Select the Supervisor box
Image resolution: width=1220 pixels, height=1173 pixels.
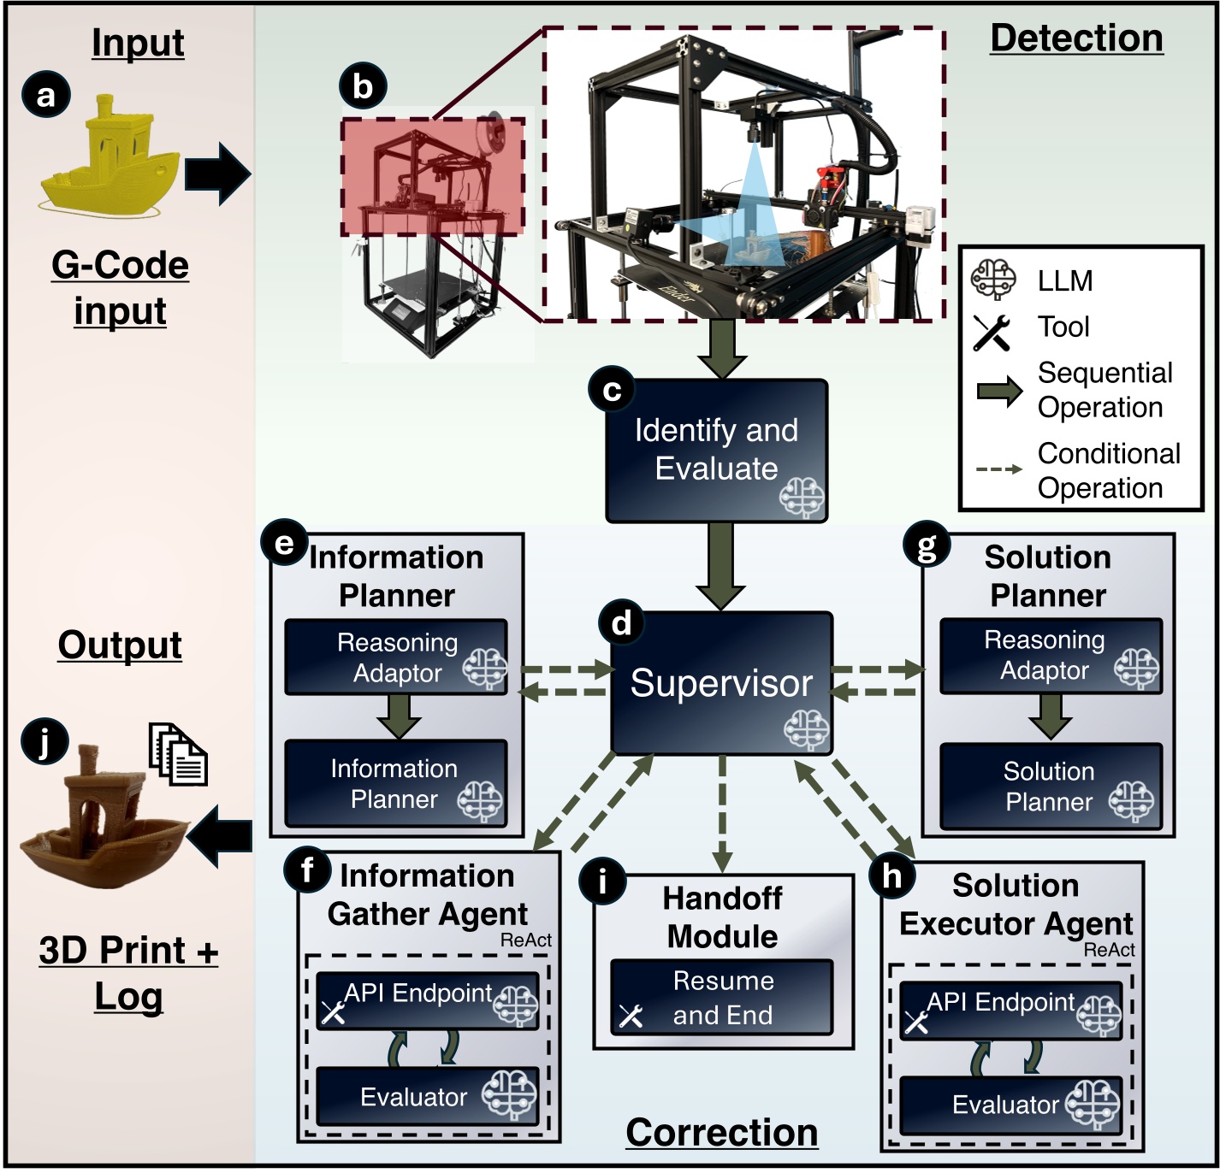[721, 683]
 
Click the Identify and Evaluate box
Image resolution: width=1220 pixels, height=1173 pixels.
[716, 451]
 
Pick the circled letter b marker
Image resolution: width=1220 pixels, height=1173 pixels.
[363, 86]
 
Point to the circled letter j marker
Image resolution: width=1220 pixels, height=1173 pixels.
[44, 741]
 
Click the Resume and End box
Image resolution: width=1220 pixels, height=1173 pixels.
[721, 998]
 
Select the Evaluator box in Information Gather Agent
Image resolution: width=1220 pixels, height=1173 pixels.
[427, 1096]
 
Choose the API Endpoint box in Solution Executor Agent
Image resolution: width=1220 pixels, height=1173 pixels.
[1010, 1010]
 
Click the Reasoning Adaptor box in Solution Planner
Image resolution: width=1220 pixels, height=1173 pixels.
[1051, 656]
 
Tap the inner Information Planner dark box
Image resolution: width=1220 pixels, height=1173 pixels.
[395, 784]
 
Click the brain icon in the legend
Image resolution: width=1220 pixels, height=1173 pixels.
[993, 280]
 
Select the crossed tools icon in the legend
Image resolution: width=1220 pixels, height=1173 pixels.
[992, 332]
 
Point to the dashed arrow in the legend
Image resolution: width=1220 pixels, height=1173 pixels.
[998, 469]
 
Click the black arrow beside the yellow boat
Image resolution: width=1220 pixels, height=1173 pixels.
[217, 174]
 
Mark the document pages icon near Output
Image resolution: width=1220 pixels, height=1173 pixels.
[179, 754]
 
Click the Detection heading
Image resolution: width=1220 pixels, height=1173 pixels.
[1076, 38]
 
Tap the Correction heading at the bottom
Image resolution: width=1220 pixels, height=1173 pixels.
[721, 1133]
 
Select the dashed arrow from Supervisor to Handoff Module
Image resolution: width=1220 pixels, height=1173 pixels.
[722, 812]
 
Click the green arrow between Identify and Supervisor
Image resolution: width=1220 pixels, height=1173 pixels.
[720, 564]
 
